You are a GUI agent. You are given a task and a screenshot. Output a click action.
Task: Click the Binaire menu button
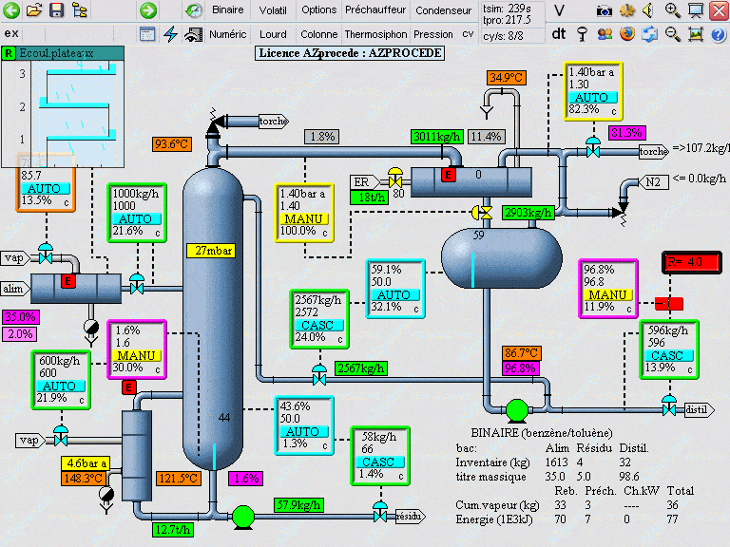(x=228, y=10)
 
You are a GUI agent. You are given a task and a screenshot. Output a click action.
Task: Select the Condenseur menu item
(x=443, y=10)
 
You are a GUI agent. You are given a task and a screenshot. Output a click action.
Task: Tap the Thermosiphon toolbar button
(x=375, y=33)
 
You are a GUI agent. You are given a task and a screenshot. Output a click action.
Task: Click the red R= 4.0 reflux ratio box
(x=685, y=261)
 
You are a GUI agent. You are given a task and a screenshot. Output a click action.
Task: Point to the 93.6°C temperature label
(x=172, y=144)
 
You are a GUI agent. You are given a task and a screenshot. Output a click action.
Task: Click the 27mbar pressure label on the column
(x=210, y=251)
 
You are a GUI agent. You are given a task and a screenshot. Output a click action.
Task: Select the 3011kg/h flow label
(x=436, y=137)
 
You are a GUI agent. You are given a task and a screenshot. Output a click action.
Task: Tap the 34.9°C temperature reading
(x=507, y=77)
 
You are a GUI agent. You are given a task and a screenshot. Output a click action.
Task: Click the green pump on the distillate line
(x=517, y=409)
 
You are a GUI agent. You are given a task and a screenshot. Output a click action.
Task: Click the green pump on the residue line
(x=243, y=516)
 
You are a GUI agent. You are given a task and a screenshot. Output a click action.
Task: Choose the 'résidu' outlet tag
(x=409, y=516)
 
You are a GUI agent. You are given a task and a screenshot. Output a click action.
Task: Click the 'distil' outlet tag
(x=697, y=409)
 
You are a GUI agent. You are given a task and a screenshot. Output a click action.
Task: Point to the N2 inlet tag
(x=653, y=182)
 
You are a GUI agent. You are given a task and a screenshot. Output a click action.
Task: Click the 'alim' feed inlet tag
(x=13, y=288)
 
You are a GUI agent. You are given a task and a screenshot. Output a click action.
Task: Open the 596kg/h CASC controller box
(x=668, y=349)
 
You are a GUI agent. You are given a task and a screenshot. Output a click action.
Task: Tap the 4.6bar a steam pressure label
(x=86, y=463)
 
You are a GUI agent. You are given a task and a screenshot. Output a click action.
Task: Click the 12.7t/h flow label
(x=172, y=528)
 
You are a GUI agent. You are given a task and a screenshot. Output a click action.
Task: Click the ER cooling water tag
(x=361, y=182)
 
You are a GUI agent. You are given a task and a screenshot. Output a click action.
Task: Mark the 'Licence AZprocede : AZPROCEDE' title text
(x=351, y=53)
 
